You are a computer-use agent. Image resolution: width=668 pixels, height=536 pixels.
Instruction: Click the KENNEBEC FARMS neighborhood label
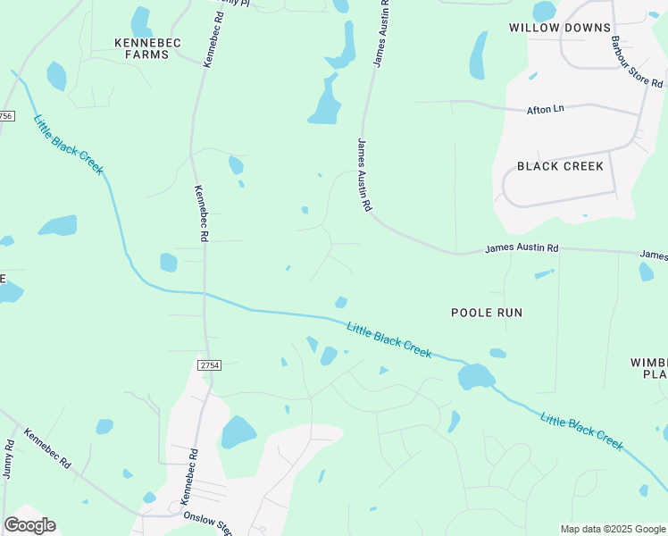[142, 48]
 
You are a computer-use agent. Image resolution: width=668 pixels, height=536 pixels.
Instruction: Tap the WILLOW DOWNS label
[546, 28]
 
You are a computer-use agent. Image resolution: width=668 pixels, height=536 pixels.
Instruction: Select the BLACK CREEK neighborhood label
[560, 166]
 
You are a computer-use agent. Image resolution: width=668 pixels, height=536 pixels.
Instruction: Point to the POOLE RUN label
[486, 313]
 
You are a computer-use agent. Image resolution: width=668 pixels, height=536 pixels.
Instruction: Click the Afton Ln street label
[546, 109]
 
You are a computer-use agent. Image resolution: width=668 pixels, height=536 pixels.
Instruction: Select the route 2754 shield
[209, 365]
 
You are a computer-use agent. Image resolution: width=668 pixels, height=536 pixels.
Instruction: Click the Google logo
[29, 525]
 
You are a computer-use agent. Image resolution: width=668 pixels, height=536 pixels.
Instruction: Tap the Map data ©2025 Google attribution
[613, 529]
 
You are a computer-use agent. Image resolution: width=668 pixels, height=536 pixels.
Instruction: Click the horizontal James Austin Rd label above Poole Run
[522, 247]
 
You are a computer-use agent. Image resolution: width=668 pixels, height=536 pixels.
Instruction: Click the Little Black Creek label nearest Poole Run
[388, 339]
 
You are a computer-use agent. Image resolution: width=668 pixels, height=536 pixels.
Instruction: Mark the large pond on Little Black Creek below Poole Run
[475, 377]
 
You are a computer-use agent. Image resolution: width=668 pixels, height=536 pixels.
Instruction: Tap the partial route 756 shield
[5, 116]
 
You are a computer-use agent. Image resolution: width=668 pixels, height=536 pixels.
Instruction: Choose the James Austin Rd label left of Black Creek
[364, 174]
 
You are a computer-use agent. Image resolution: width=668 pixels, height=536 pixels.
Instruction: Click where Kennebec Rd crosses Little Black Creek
[205, 293]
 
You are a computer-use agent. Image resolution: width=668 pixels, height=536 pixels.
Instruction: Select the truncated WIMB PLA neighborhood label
[649, 368]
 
